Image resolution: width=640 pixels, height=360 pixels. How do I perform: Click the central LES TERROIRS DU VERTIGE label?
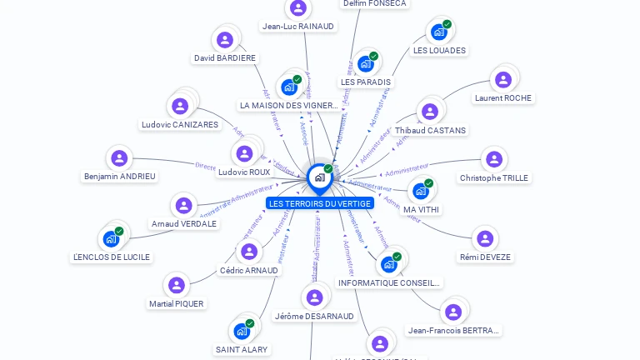(319, 203)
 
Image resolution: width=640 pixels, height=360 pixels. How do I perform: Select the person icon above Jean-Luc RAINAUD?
(297, 8)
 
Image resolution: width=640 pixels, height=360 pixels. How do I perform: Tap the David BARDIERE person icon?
(225, 39)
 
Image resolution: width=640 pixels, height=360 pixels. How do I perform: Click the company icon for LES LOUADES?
(438, 32)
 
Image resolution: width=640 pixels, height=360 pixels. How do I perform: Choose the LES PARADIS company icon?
(365, 63)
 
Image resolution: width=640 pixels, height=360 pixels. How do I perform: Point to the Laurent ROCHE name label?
(502, 97)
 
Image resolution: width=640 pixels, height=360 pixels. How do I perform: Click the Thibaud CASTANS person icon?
(429, 112)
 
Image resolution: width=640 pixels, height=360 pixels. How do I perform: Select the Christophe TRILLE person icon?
(493, 159)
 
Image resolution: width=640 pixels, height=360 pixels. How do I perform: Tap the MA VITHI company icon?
(421, 191)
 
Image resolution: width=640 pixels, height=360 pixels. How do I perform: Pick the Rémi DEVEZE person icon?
(484, 239)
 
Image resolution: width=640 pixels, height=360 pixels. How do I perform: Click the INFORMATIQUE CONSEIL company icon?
(388, 264)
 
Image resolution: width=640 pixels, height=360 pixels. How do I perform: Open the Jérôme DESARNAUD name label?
(314, 316)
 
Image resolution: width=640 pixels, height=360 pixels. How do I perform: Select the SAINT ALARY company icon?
(242, 331)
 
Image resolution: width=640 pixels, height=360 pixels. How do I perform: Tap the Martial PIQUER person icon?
(176, 285)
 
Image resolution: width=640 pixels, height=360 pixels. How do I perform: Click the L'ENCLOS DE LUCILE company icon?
(111, 238)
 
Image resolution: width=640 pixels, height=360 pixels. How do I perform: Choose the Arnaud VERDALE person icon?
(183, 205)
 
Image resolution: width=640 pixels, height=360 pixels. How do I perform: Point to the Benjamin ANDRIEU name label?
(120, 177)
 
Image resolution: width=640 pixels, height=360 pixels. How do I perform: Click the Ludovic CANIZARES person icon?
(179, 106)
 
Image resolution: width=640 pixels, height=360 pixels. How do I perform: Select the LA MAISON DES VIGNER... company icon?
(288, 87)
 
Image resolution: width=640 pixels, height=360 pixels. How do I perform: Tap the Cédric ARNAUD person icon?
(248, 252)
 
